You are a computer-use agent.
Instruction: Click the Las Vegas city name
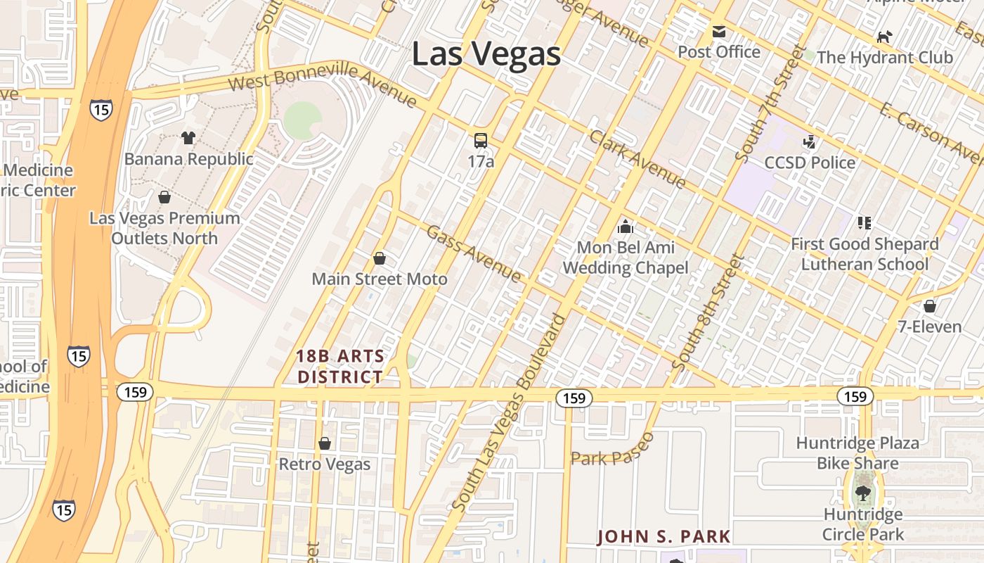pos(486,54)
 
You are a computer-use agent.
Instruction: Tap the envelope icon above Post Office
pos(718,32)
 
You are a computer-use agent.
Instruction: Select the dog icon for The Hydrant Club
pos(884,37)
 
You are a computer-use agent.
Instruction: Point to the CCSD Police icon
pos(810,142)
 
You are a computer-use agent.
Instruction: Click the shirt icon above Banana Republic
pos(188,138)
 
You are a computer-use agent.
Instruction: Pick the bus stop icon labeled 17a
pos(481,141)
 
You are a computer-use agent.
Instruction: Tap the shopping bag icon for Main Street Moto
pos(380,258)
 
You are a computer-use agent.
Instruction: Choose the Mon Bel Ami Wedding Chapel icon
pos(625,227)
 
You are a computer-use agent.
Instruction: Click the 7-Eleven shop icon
pos(930,306)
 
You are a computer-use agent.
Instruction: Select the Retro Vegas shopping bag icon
pos(324,443)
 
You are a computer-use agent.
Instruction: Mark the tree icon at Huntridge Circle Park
pos(863,493)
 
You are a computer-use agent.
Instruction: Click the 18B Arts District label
pos(341,367)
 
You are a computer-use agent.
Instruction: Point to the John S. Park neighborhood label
pos(663,537)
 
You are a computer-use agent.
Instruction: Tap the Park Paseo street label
pos(612,450)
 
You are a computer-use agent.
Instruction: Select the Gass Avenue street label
pos(474,254)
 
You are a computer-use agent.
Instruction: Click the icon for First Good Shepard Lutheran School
pos(864,223)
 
